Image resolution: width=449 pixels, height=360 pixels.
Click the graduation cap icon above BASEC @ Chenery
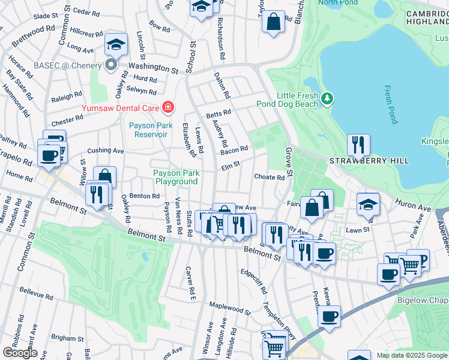pyautogui.click(x=116, y=44)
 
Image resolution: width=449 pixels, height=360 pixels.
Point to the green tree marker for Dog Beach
pyautogui.click(x=327, y=98)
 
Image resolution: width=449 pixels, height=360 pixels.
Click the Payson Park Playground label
pyautogui.click(x=176, y=176)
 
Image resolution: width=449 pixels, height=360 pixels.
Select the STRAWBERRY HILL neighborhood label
pyautogui.click(x=369, y=161)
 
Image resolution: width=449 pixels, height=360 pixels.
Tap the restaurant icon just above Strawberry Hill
pyautogui.click(x=358, y=145)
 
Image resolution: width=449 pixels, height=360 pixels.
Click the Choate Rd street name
pyautogui.click(x=269, y=177)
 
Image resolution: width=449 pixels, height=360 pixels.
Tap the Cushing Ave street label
pyautogui.click(x=105, y=151)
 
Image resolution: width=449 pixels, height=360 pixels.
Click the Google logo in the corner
pyautogui.click(x=19, y=353)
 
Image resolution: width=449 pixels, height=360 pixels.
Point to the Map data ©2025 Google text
pyautogui.click(x=412, y=355)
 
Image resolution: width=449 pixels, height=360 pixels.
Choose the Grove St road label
pyautogui.click(x=289, y=162)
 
